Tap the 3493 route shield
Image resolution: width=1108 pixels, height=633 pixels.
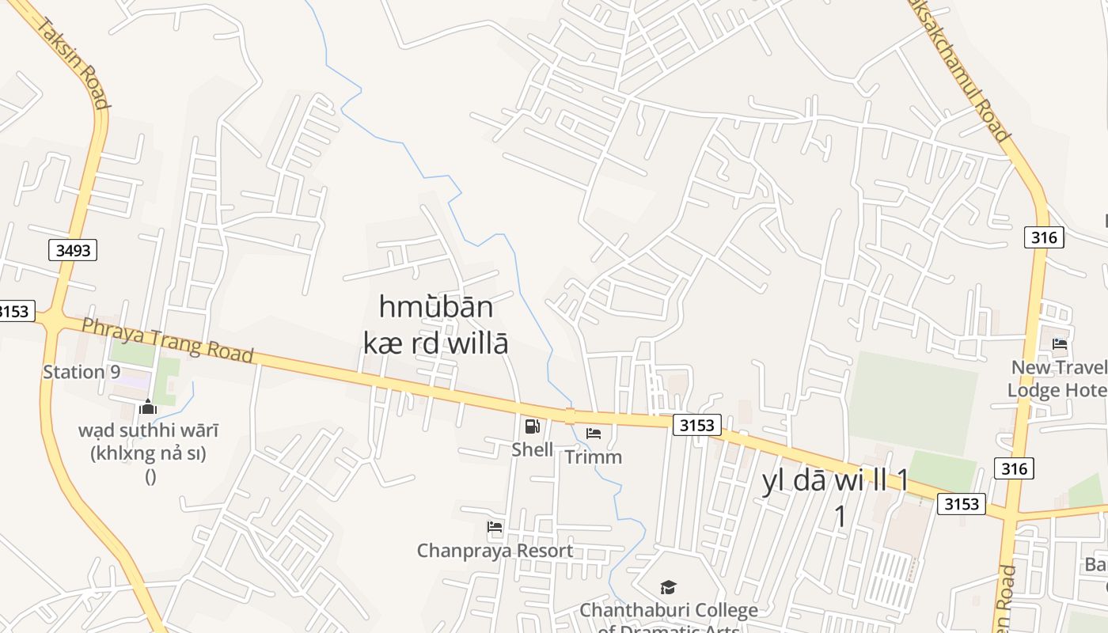click(74, 251)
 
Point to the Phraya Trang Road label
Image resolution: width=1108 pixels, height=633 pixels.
click(168, 339)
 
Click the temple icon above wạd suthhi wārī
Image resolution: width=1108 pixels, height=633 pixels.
click(147, 407)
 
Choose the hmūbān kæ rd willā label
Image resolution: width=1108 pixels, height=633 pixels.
click(435, 324)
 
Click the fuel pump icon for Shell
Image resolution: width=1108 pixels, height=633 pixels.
click(533, 426)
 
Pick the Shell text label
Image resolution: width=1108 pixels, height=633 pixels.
click(533, 449)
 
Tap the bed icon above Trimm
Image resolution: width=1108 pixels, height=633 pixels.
click(594, 433)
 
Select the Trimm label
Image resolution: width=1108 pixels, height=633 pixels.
click(594, 457)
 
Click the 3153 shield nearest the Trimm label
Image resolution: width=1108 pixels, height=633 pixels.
click(697, 425)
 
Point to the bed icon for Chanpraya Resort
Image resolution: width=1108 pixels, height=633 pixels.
click(495, 526)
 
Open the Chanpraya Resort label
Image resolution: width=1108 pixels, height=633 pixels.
click(495, 550)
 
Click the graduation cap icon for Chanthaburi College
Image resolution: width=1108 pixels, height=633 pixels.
click(669, 587)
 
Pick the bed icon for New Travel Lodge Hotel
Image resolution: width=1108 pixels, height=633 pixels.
click(1060, 343)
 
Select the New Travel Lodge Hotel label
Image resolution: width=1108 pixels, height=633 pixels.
click(1058, 378)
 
